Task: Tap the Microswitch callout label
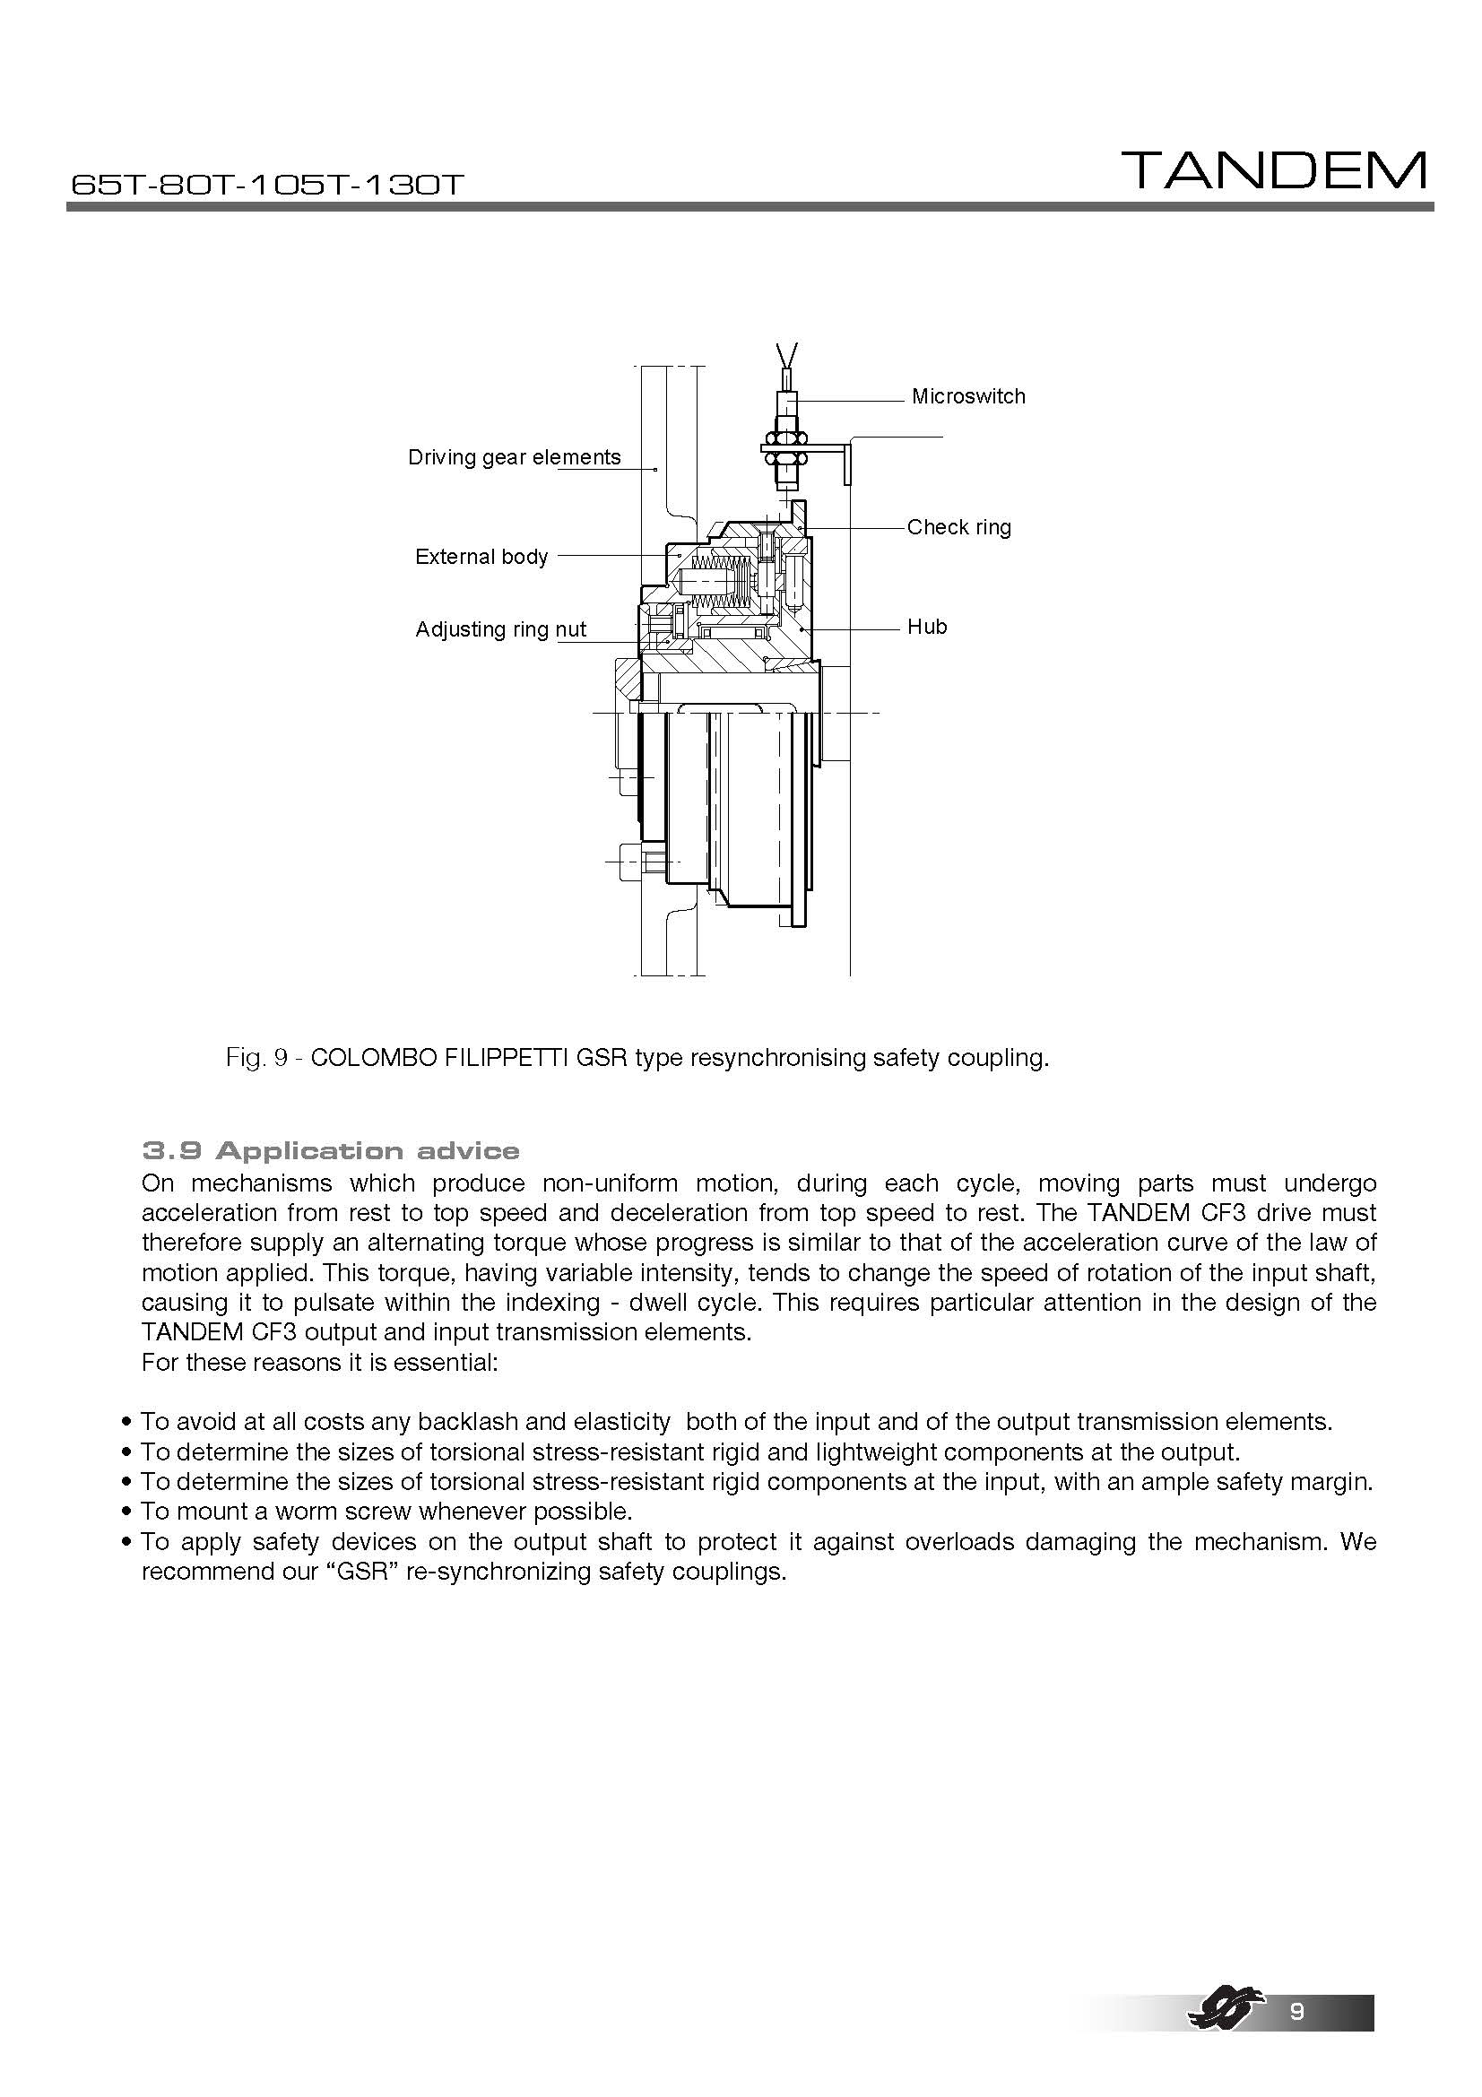pyautogui.click(x=968, y=396)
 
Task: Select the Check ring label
pyautogui.click(x=958, y=527)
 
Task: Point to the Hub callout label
pyautogui.click(x=927, y=627)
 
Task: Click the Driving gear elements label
pyautogui.click(x=514, y=457)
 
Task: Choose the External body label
pyautogui.click(x=481, y=557)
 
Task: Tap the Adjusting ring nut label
pyautogui.click(x=500, y=629)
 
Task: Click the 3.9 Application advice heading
pyautogui.click(x=331, y=1151)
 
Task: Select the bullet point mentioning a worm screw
pyautogui.click(x=386, y=1512)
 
